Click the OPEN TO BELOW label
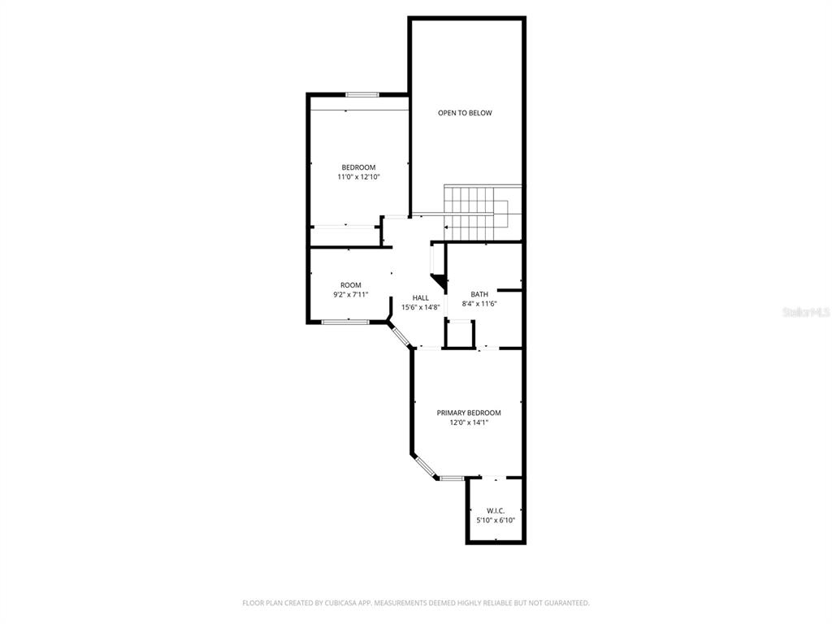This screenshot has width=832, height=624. [x=465, y=113]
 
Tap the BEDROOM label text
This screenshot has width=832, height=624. [x=358, y=167]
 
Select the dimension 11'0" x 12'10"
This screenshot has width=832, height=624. [x=358, y=177]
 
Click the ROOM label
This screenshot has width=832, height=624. [x=351, y=285]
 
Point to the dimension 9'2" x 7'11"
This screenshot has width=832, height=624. [x=351, y=295]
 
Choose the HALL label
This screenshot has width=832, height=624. [x=421, y=298]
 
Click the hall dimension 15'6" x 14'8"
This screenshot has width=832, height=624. [x=421, y=307]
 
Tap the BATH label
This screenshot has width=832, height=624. [x=479, y=294]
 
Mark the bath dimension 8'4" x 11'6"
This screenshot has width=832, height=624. [x=479, y=304]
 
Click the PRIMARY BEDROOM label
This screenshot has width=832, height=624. [x=469, y=413]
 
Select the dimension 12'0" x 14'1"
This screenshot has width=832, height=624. [x=469, y=422]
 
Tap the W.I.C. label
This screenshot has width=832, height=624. [x=496, y=511]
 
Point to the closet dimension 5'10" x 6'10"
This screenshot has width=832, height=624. [x=496, y=521]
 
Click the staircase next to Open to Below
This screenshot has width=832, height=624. [x=483, y=214]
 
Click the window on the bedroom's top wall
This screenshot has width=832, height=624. [x=362, y=95]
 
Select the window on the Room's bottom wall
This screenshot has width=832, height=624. [x=345, y=322]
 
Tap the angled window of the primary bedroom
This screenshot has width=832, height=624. [x=425, y=467]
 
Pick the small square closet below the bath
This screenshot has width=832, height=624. [x=460, y=334]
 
